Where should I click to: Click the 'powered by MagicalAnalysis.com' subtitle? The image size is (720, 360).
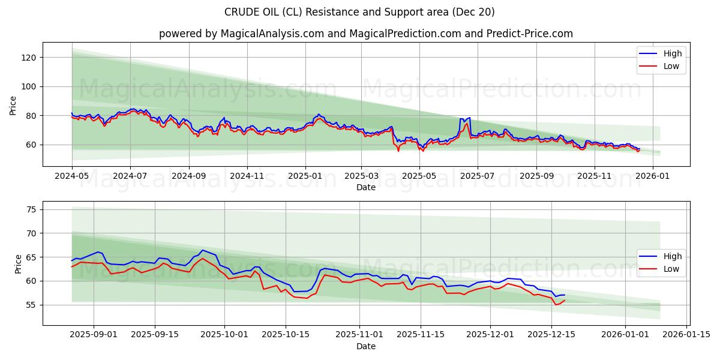tap(365, 34)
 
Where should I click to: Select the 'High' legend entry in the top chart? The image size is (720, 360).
tap(660, 53)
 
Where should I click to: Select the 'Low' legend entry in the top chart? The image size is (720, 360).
tap(660, 66)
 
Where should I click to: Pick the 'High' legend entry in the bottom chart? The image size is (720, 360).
tap(660, 256)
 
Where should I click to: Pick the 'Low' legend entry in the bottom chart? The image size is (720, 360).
tap(660, 269)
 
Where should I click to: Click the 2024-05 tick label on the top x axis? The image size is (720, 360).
tap(72, 176)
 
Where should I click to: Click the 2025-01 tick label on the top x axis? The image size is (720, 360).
tap(305, 176)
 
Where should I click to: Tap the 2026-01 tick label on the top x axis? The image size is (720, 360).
tap(652, 176)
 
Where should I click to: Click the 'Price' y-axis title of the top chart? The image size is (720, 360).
tap(13, 105)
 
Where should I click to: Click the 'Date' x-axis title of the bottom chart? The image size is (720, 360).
tap(365, 346)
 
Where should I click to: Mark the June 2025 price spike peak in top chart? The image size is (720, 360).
tap(469, 118)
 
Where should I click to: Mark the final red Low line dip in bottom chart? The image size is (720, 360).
tap(556, 305)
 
